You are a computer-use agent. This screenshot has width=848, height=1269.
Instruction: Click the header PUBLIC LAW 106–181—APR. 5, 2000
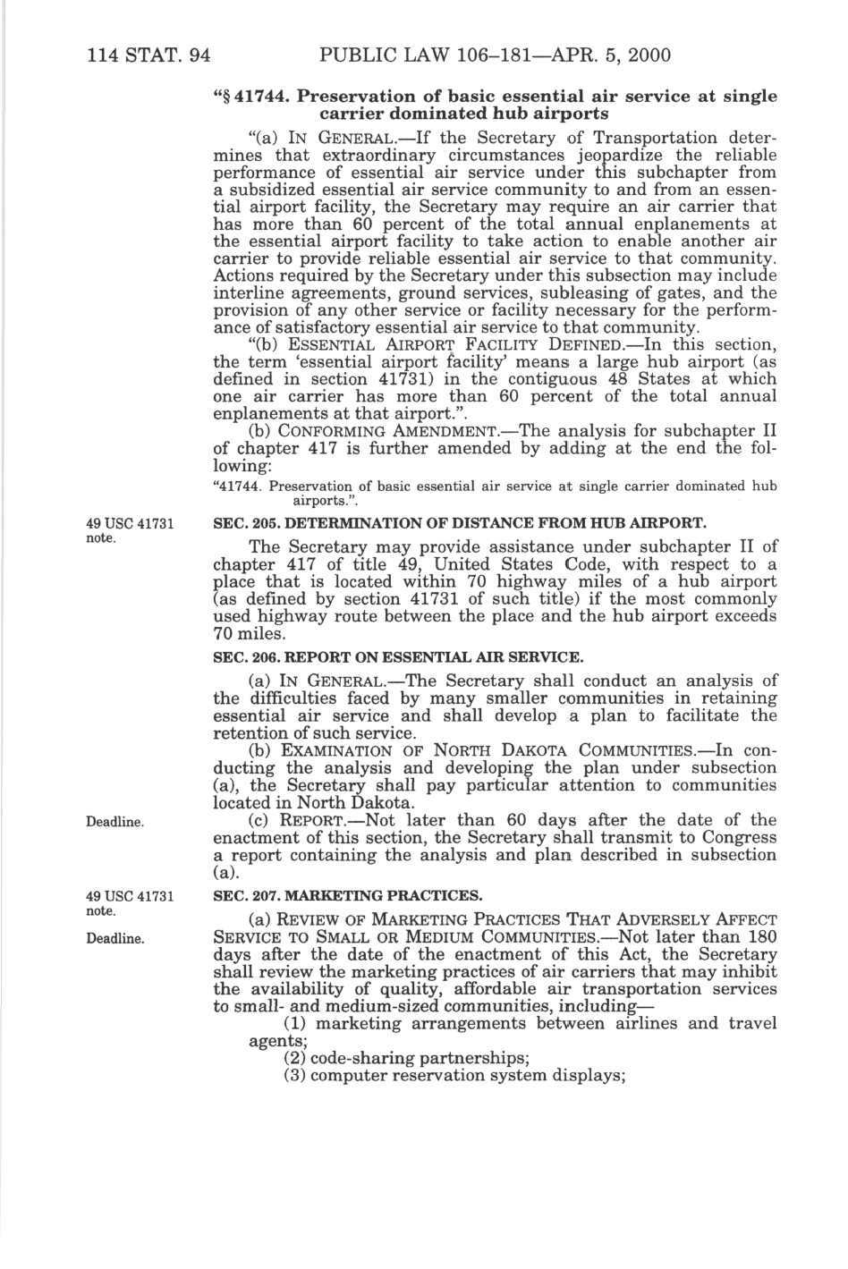pos(494,55)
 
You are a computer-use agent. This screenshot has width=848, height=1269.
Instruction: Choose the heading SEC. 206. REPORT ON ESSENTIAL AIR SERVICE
pos(397,657)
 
